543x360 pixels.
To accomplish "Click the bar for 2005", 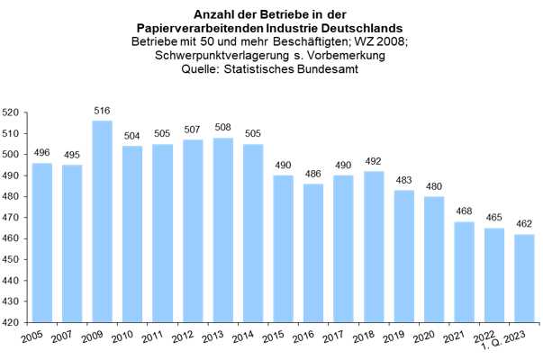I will click(x=42, y=241).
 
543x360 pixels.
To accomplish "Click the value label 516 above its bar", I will click(x=103, y=111).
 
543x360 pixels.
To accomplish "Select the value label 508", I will click(x=223, y=128).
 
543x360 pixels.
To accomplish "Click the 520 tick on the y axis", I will click(x=12, y=112).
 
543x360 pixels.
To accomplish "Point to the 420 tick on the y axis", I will click(x=12, y=321).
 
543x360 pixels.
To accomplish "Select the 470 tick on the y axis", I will click(x=12, y=217).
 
